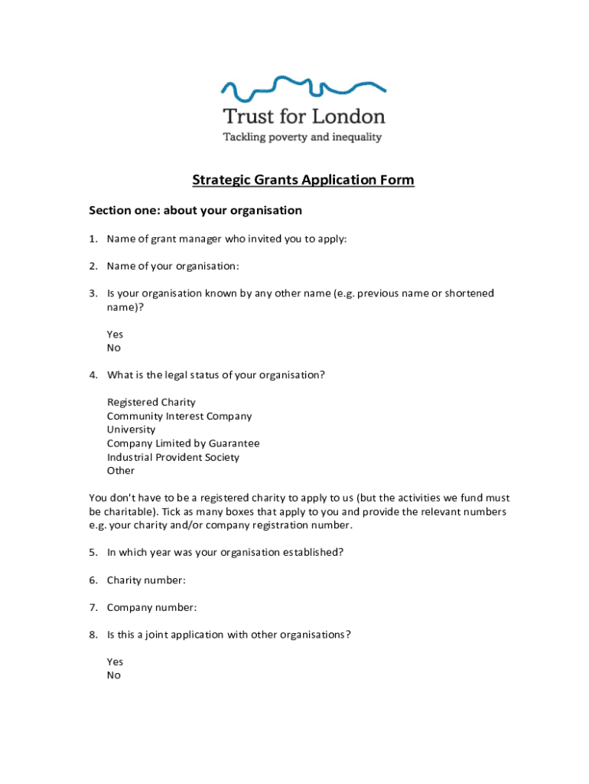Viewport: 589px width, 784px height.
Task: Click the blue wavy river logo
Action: pyautogui.click(x=303, y=88)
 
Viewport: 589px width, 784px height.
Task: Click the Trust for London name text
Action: pyautogui.click(x=304, y=116)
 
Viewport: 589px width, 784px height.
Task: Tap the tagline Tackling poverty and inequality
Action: pyautogui.click(x=301, y=138)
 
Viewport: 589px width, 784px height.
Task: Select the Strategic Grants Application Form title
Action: pyautogui.click(x=303, y=181)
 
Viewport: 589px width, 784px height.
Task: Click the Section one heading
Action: pyautogui.click(x=196, y=211)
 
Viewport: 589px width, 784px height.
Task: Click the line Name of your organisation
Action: pyautogui.click(x=173, y=266)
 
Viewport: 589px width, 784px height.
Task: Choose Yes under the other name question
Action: pyautogui.click(x=115, y=335)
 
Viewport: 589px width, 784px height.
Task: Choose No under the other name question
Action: pyautogui.click(x=114, y=348)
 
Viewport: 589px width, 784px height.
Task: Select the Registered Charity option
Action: pyautogui.click(x=151, y=403)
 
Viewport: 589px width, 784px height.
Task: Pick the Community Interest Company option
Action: pyautogui.click(x=179, y=416)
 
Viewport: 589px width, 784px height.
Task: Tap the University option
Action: pyautogui.click(x=131, y=430)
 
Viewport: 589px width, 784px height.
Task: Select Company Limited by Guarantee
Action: pyautogui.click(x=183, y=444)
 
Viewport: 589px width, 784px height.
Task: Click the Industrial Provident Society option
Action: pyautogui.click(x=173, y=458)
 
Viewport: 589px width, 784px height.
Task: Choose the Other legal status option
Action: pyautogui.click(x=121, y=471)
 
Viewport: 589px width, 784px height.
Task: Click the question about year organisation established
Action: pyautogui.click(x=225, y=553)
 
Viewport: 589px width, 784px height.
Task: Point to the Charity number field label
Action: pyautogui.click(x=146, y=580)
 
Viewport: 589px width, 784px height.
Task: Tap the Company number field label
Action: pyautogui.click(x=151, y=608)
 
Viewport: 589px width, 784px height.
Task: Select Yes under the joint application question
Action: pyautogui.click(x=115, y=662)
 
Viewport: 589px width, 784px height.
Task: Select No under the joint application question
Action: pyautogui.click(x=114, y=676)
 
